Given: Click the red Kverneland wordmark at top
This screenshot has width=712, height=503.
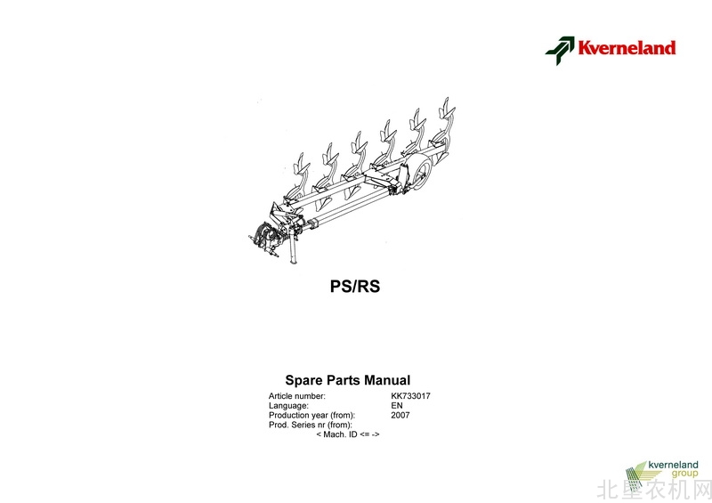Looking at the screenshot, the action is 627,48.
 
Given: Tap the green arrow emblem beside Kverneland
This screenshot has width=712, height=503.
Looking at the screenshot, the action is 560,51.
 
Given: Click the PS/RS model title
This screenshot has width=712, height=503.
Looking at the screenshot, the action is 355,287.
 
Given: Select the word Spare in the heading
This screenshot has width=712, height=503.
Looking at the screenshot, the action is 303,380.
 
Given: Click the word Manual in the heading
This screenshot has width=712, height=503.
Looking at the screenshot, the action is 387,380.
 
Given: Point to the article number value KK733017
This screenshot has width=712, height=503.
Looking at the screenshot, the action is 410,396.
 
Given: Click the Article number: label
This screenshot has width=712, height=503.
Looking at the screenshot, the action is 297,396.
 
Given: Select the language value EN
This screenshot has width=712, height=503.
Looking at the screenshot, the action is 397,406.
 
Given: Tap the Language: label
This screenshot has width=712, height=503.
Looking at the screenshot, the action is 288,406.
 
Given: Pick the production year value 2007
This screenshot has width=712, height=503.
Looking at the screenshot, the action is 400,415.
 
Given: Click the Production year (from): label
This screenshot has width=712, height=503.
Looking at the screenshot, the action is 312,415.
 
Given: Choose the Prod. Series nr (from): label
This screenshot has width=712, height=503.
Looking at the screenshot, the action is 311,425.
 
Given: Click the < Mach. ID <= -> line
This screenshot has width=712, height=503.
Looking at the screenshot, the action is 348,434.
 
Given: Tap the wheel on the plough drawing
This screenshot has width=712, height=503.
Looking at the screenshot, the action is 421,173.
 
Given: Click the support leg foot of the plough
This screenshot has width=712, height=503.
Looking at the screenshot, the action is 294,260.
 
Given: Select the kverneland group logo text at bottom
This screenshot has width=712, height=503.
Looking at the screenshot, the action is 674,469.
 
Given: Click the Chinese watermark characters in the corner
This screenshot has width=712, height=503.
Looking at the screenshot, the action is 654,491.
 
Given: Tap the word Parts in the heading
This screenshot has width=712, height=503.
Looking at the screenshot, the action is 344,380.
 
